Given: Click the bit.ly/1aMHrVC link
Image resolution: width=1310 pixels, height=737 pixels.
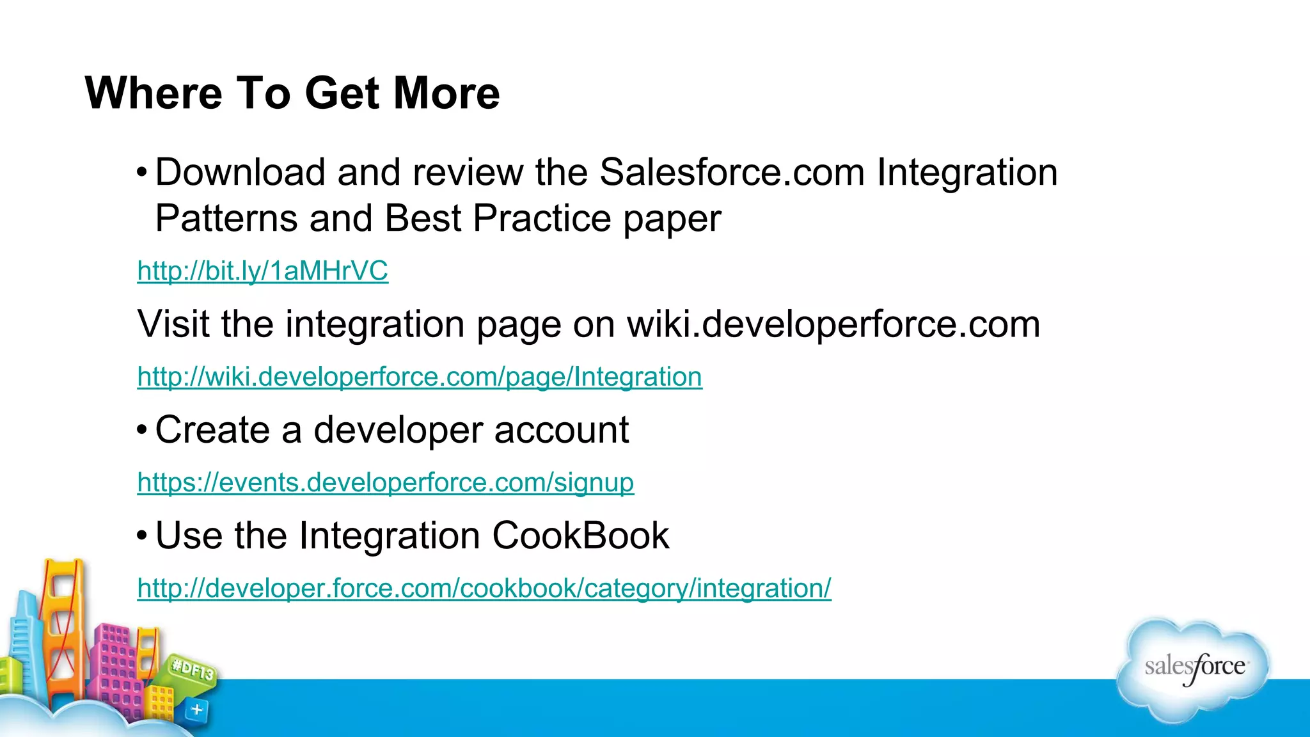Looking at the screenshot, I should (x=262, y=271).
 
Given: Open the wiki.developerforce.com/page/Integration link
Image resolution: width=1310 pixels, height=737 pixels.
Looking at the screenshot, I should (x=420, y=377).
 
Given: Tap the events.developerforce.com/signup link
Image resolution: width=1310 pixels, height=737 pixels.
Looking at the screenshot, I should (x=386, y=482).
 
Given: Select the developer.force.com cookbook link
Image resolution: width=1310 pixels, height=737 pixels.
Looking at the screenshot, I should (x=484, y=588).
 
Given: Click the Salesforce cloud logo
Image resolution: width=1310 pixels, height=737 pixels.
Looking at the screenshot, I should (x=1194, y=669).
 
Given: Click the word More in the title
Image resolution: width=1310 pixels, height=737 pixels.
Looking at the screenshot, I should (x=446, y=93).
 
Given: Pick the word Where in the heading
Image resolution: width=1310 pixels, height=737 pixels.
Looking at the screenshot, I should (x=154, y=93).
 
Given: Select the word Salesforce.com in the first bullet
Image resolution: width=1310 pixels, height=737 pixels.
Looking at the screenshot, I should (x=732, y=172).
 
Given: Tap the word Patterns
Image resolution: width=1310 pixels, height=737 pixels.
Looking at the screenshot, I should (x=226, y=218).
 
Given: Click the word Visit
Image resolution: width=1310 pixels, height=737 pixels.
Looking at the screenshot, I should (x=173, y=324).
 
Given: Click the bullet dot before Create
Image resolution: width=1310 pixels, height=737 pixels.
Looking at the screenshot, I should (x=142, y=429).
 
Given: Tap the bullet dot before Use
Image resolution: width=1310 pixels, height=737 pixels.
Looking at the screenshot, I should (x=142, y=535).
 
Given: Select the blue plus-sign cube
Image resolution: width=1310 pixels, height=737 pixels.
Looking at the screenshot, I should (x=196, y=709).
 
